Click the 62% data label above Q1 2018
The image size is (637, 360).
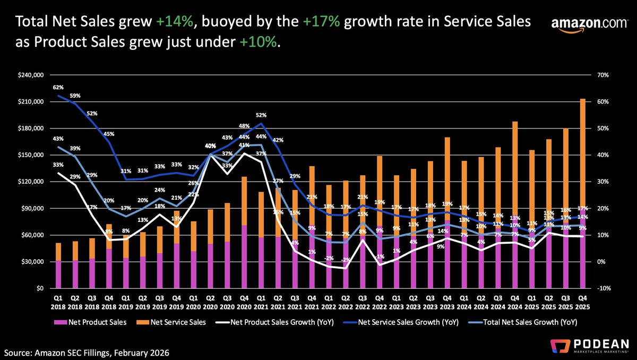coord(58,87)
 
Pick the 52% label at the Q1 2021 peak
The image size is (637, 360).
coord(261,115)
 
